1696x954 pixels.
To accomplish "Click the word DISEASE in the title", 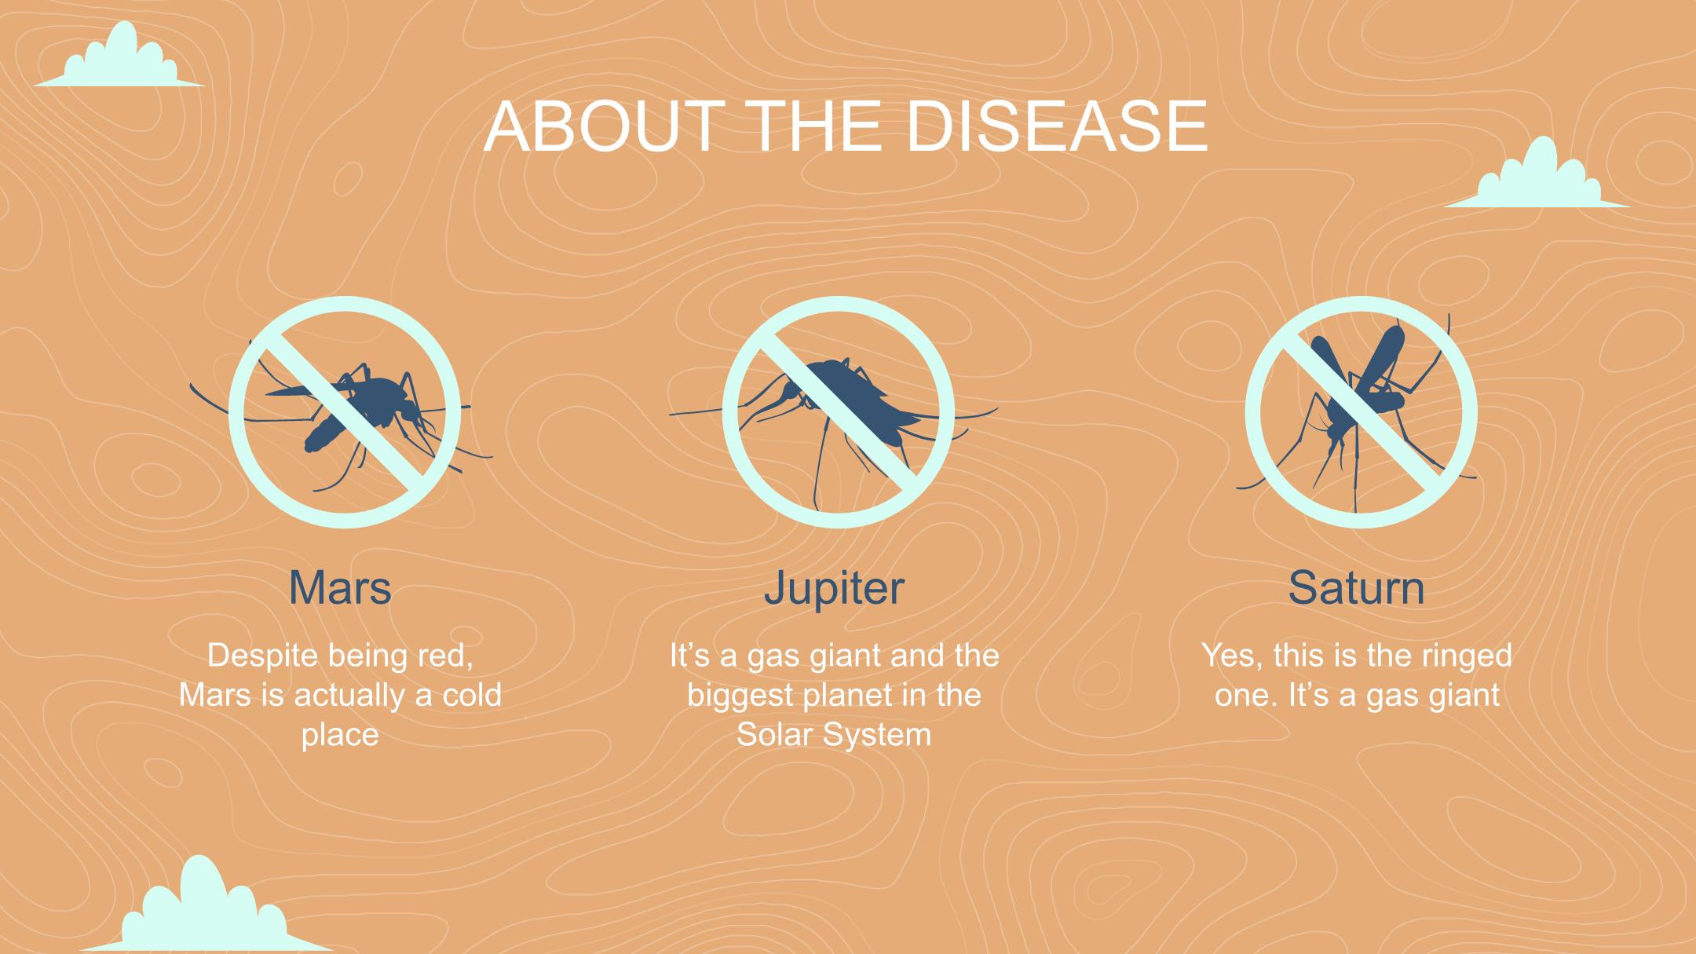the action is pos(1056,126).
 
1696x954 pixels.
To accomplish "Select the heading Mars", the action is pos(340,587).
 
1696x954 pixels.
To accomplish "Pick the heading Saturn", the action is pos(1356,587).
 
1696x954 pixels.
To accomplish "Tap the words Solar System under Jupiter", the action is pos(834,736).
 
